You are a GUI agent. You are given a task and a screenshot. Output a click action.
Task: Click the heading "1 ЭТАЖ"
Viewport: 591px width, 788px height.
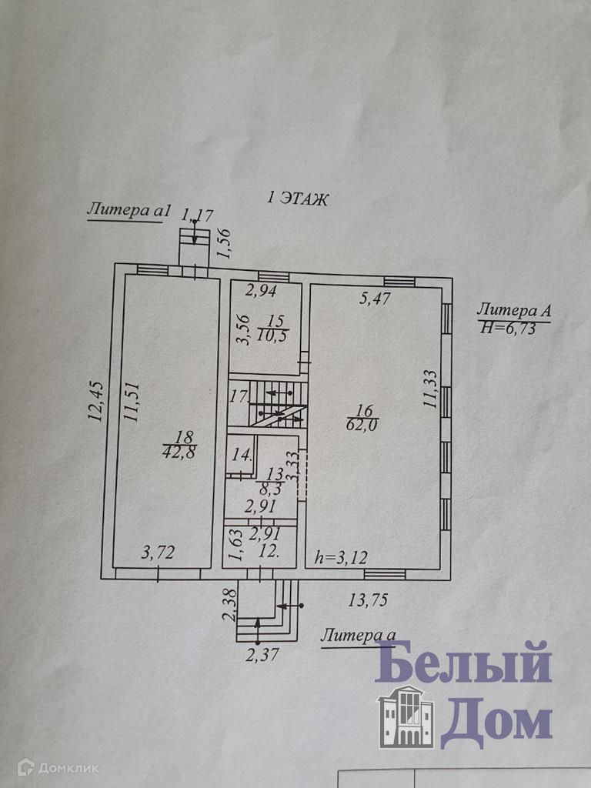tap(297, 199)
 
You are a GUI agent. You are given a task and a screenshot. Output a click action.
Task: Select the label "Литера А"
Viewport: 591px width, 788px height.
tap(513, 311)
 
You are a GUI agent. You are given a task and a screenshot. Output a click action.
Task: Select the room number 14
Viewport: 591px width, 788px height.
tap(242, 453)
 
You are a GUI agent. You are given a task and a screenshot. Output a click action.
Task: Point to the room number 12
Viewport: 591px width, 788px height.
tap(269, 551)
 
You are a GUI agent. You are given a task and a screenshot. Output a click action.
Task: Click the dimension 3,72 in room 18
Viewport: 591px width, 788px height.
tap(156, 552)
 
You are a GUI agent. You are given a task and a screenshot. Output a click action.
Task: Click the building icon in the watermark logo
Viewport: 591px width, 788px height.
tap(405, 716)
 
